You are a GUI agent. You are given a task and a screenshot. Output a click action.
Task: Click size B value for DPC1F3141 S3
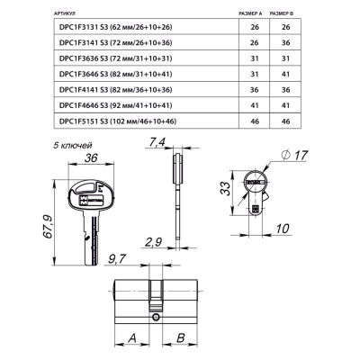click(286, 42)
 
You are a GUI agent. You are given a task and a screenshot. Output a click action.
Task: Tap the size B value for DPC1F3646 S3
click(286, 73)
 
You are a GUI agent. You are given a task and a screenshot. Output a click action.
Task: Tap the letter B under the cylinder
click(180, 337)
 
